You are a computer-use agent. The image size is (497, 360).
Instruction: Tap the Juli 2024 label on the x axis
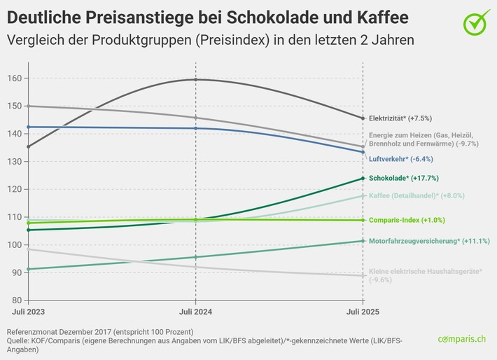[195, 310]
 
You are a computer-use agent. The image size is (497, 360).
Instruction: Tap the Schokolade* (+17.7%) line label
[407, 179]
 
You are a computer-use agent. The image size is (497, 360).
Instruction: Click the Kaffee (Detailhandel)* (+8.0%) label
[416, 195]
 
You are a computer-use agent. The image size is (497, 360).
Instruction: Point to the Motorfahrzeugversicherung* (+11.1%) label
[429, 241]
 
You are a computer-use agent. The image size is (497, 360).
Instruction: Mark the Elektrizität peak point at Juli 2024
[195, 79]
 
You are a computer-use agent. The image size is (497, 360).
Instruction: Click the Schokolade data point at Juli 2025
[363, 179]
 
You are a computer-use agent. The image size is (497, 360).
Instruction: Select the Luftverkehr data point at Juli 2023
[27, 127]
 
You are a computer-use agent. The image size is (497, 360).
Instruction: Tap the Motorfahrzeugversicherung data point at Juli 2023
[27, 269]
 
